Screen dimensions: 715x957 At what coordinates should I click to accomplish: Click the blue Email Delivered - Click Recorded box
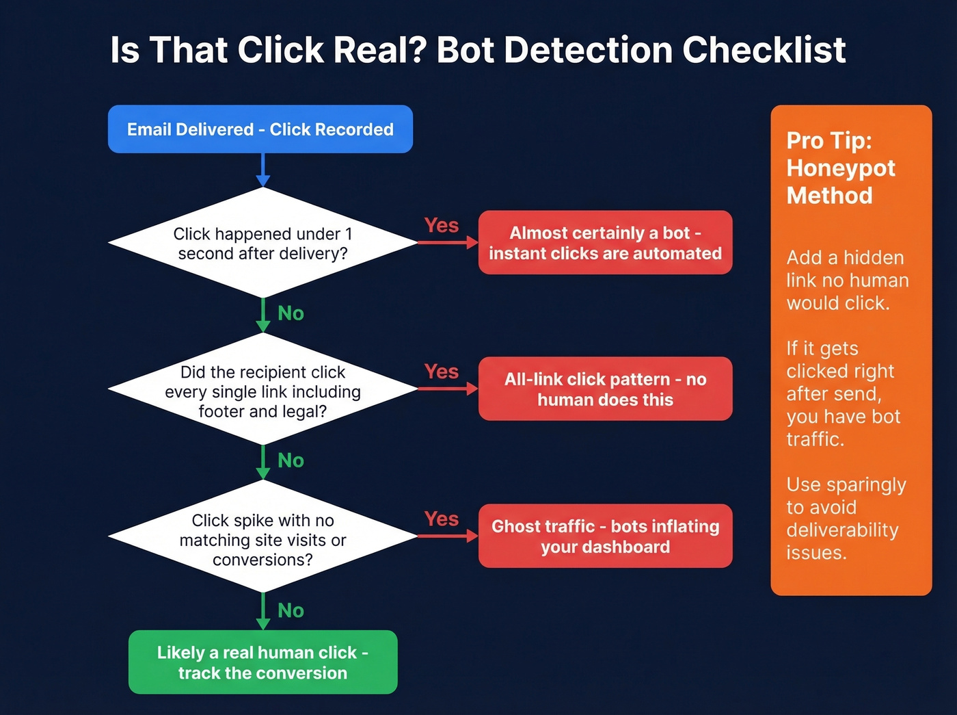(260, 129)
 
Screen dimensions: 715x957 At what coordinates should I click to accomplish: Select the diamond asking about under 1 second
(262, 244)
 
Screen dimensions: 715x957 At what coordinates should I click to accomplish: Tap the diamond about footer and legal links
(262, 391)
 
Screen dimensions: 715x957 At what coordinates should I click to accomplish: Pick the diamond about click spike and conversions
(262, 539)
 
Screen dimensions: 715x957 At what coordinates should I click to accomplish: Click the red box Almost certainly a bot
(605, 243)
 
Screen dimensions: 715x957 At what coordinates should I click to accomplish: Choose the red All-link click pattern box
(605, 389)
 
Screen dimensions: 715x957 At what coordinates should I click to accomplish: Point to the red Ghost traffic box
(605, 536)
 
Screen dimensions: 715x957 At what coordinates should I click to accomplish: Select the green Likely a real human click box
(262, 662)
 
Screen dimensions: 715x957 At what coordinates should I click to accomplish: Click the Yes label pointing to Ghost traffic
(441, 519)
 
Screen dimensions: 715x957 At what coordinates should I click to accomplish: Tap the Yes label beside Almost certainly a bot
(441, 225)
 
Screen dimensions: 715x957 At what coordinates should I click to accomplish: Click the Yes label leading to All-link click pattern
(441, 372)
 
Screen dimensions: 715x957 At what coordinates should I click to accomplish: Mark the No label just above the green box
(291, 610)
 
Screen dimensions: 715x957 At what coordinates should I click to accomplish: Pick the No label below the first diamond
(291, 313)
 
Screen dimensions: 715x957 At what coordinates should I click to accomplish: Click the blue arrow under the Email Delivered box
(262, 170)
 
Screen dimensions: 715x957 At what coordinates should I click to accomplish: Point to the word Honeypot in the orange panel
(840, 168)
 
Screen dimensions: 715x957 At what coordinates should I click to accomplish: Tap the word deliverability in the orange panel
(842, 530)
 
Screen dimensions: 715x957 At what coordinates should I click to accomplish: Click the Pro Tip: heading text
(828, 140)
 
